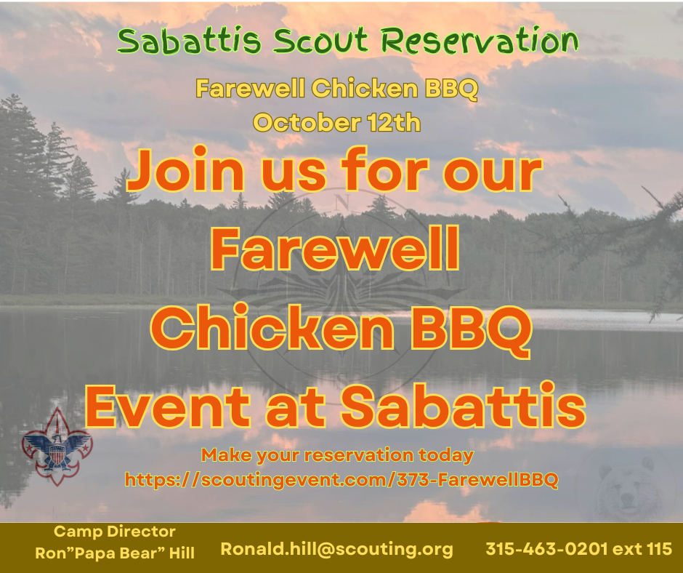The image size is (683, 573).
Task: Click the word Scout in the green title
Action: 320,41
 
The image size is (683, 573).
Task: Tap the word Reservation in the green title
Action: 480,40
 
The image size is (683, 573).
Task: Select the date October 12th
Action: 336,123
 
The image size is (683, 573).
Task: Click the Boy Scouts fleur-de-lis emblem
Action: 57,447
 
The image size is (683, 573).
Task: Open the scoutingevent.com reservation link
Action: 341,480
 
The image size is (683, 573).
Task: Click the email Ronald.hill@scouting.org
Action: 336,548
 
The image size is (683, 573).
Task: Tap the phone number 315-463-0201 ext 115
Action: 579,548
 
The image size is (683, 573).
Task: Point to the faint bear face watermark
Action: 626,487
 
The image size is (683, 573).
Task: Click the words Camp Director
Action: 115,532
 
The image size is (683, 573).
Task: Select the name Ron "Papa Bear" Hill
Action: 115,553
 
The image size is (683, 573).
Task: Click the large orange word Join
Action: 185,170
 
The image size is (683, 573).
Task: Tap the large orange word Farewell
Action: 335,249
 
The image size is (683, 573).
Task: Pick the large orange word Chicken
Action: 272,328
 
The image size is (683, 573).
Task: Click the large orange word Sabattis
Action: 463,405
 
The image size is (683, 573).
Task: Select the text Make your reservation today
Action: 337,454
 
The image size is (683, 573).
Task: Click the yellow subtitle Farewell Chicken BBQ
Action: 336,89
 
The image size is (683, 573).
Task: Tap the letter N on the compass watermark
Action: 342,202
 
